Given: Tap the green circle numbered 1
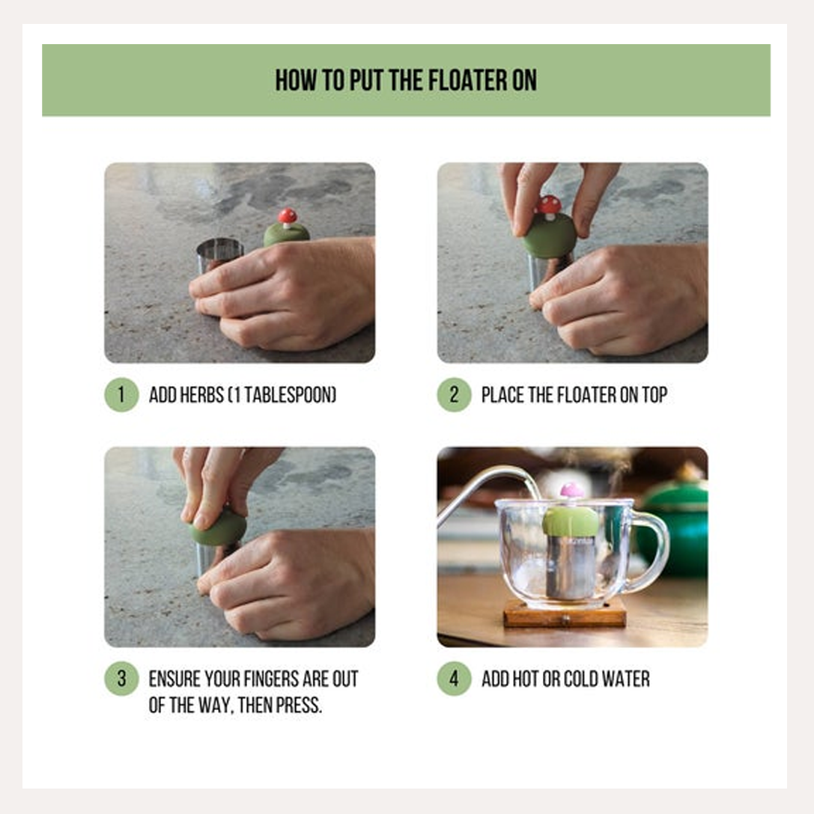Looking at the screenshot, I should (x=121, y=394).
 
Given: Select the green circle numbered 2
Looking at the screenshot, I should (x=454, y=394).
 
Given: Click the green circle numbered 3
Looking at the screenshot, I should (x=121, y=679).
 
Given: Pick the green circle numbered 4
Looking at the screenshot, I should (x=454, y=679).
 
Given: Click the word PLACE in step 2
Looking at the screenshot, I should (x=503, y=395).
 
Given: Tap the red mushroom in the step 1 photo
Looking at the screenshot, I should (x=287, y=216).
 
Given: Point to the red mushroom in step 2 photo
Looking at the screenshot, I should (x=550, y=204).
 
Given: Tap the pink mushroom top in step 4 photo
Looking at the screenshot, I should (x=572, y=490).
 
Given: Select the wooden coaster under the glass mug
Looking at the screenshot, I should (x=565, y=615).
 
